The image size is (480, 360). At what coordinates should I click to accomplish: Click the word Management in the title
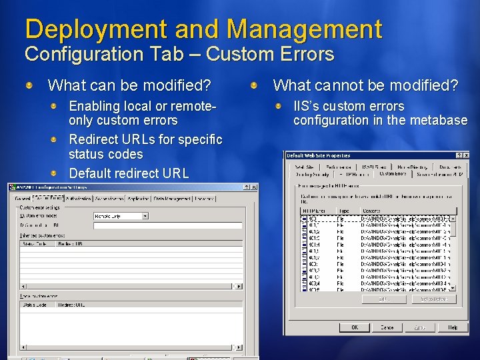tap(304, 29)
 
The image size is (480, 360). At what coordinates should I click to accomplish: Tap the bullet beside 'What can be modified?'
tap(30, 85)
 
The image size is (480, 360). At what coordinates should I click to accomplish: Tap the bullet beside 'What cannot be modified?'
tap(255, 85)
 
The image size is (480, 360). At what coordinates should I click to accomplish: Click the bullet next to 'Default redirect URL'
tap(57, 173)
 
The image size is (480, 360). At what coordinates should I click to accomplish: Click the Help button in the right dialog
tap(452, 327)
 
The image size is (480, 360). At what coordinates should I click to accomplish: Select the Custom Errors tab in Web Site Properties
tap(393, 174)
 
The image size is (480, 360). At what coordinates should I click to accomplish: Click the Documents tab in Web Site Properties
tap(450, 167)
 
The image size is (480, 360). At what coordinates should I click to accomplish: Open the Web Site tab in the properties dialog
tap(304, 167)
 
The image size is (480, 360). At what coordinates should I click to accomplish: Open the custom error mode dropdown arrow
tap(145, 216)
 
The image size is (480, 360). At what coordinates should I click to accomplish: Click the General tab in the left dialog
tap(22, 198)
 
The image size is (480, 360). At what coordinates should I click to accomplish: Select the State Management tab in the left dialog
tap(172, 198)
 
